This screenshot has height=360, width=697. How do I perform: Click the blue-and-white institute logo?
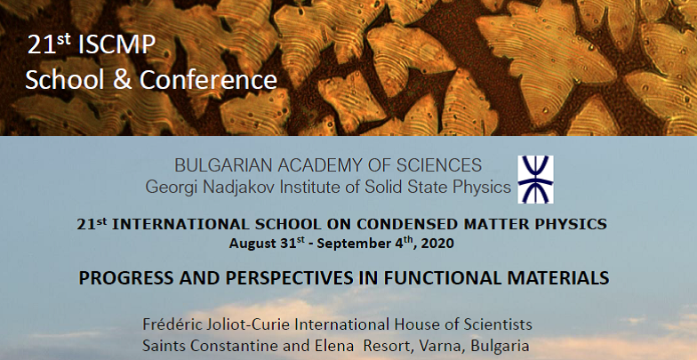[535, 180]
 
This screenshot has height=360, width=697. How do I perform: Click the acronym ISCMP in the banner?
[116, 44]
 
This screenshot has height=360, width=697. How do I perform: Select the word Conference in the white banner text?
[208, 80]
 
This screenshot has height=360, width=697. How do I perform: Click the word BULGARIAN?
[223, 165]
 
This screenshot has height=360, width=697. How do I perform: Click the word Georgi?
[171, 188]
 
